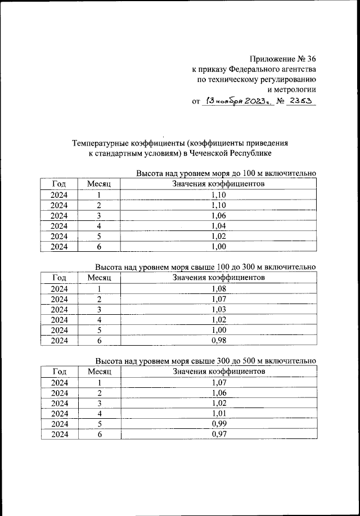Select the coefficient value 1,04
(218, 225)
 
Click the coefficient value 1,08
(218, 288)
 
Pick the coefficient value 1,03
(218, 309)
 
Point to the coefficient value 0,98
(218, 340)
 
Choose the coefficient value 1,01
(218, 413)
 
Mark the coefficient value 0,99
(218, 423)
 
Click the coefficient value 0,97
(218, 434)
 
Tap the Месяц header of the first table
(100, 184)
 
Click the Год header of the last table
(60, 372)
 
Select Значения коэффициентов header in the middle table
(218, 278)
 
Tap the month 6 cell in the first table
(99, 246)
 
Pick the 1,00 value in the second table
(218, 330)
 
